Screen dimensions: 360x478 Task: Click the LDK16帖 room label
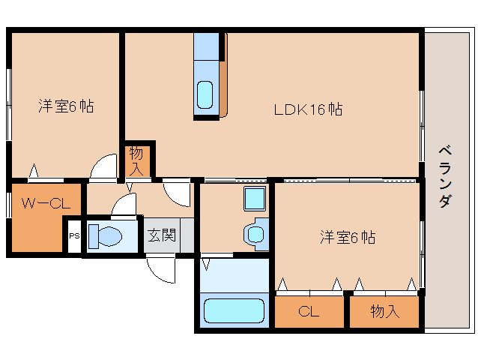(308, 109)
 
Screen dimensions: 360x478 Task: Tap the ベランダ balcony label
(444, 175)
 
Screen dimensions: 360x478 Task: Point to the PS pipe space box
(73, 235)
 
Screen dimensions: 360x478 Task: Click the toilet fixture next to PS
(105, 236)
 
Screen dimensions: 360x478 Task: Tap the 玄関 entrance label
(160, 235)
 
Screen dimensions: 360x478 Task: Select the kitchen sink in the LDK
(205, 95)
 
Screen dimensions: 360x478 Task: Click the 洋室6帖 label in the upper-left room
(66, 106)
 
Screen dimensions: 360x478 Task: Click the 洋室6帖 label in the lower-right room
(348, 238)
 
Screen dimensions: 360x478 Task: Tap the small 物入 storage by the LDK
(137, 159)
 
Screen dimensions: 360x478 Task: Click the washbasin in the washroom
(255, 233)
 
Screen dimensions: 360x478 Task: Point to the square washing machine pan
(254, 199)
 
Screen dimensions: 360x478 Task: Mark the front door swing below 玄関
(161, 269)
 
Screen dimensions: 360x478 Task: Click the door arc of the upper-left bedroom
(103, 168)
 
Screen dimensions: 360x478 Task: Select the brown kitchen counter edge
(223, 75)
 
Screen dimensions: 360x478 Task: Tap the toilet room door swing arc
(124, 203)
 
